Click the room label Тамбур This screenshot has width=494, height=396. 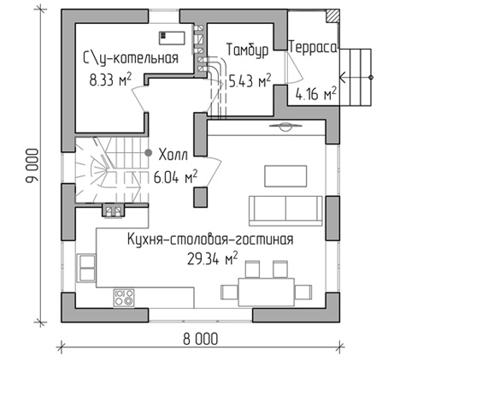(x=247, y=50)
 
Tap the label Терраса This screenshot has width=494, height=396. (x=313, y=48)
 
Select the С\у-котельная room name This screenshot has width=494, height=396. (x=131, y=58)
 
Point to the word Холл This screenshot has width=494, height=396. (x=173, y=155)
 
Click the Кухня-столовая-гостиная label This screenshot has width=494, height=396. (x=210, y=239)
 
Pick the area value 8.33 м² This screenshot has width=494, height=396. (x=110, y=80)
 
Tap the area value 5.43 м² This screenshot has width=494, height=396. (x=250, y=80)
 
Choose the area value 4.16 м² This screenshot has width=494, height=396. (x=315, y=93)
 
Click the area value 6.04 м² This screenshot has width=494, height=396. (x=175, y=177)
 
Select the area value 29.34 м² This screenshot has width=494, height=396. (x=212, y=258)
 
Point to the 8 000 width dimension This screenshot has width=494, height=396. (x=200, y=340)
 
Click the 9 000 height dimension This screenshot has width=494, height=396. (x=32, y=165)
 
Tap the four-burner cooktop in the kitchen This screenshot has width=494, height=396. (x=124, y=298)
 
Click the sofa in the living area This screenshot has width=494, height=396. (x=285, y=210)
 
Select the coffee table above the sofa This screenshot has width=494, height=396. (x=285, y=176)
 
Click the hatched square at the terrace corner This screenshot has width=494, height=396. (x=332, y=15)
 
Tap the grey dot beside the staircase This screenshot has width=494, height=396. (x=148, y=153)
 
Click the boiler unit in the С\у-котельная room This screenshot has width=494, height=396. (x=172, y=38)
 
